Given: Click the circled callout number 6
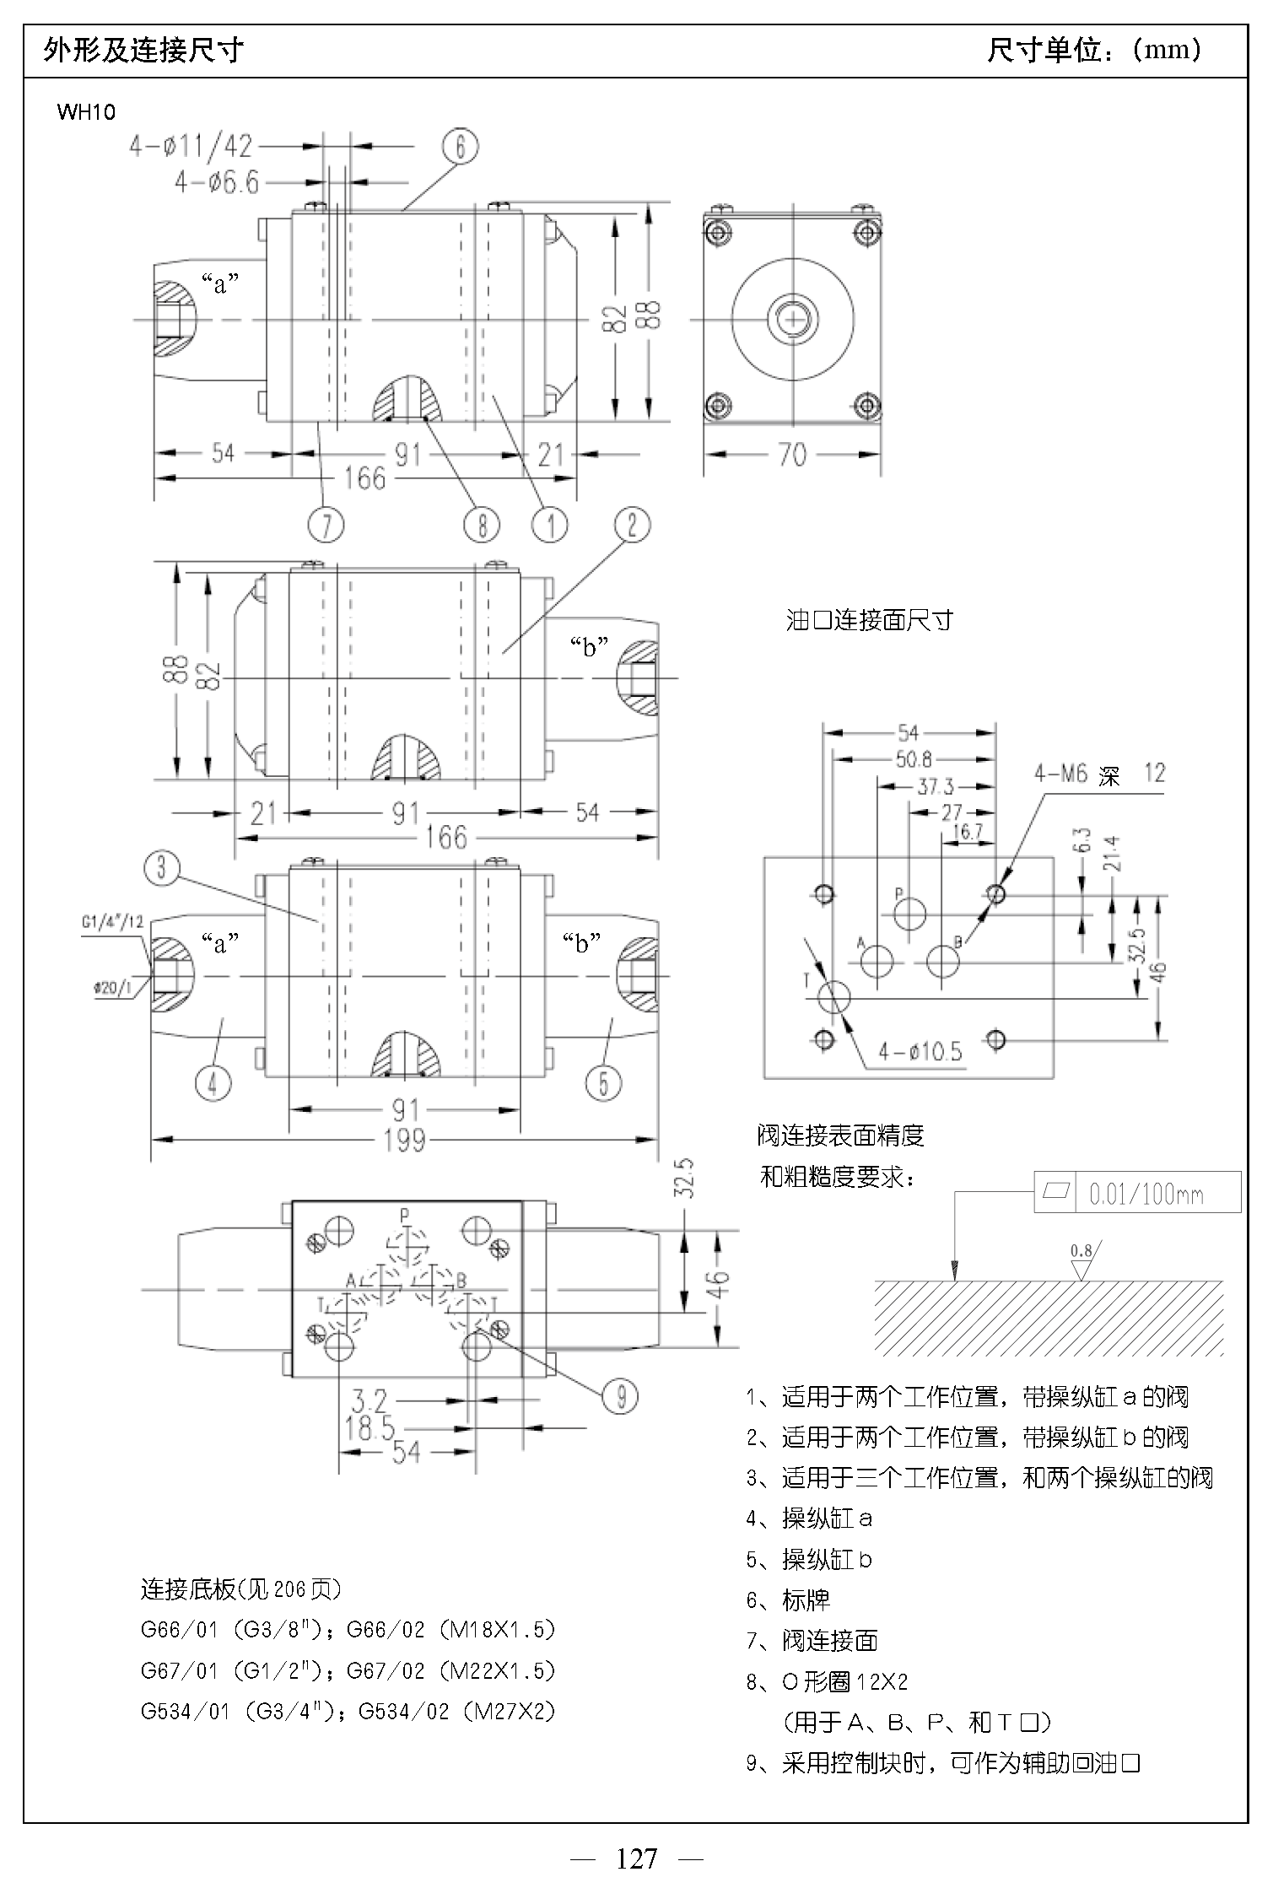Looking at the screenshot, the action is [460, 147].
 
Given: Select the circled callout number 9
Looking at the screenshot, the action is [621, 1396].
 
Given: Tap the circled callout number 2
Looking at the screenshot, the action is [633, 525].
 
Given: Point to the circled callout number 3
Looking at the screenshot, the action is [161, 867].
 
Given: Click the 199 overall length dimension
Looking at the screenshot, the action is [404, 1141].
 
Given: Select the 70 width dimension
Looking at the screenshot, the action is [792, 455].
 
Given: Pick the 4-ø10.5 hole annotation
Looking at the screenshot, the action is [920, 1051].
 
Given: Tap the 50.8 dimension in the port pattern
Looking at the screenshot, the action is [914, 759].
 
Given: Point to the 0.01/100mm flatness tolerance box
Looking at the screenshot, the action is [1137, 1192].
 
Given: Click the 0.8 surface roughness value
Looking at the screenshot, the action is [1081, 1250].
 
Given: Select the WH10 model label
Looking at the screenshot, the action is [86, 112].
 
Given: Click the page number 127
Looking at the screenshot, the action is [637, 1858].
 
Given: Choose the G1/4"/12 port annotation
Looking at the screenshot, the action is [112, 922].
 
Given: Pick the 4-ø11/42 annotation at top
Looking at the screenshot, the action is [191, 147].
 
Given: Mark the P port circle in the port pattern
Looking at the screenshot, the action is [909, 913].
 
